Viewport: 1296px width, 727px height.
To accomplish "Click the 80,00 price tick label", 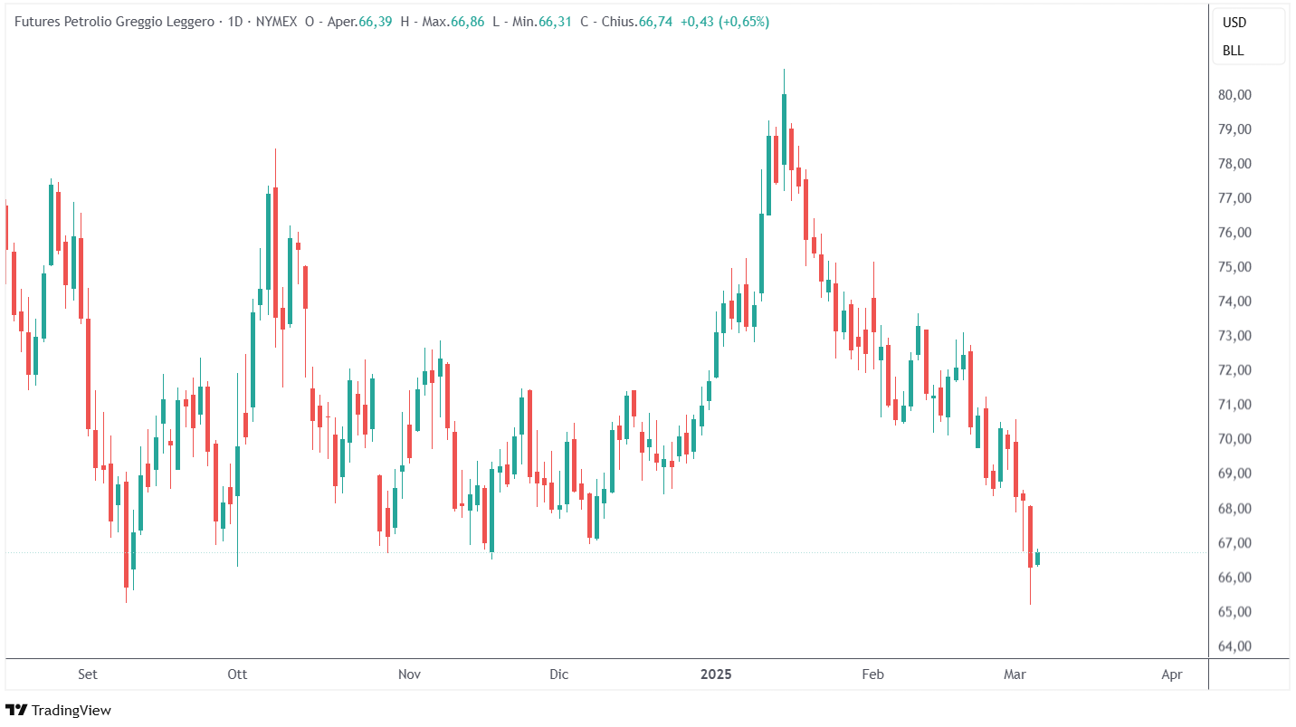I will pyautogui.click(x=1234, y=95).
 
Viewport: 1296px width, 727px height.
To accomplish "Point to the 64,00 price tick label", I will pyautogui.click(x=1234, y=646).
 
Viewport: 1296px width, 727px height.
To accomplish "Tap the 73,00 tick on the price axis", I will pyautogui.click(x=1234, y=336).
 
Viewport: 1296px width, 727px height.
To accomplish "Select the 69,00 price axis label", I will pyautogui.click(x=1234, y=474).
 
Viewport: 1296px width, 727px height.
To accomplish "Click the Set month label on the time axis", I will pyautogui.click(x=88, y=674).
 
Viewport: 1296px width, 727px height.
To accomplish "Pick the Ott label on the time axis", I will pyautogui.click(x=237, y=674).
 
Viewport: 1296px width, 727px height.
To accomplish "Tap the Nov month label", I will pyautogui.click(x=410, y=674).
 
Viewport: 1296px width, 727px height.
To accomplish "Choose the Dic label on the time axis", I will pyautogui.click(x=559, y=674).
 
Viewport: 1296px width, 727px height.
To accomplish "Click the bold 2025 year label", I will pyautogui.click(x=717, y=674).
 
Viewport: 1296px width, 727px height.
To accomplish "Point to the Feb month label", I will pyautogui.click(x=872, y=674).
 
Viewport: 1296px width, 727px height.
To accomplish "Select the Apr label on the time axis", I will pyautogui.click(x=1171, y=674).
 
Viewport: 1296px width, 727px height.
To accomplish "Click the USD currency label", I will pyautogui.click(x=1234, y=23).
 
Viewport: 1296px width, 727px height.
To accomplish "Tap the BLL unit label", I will pyautogui.click(x=1233, y=51).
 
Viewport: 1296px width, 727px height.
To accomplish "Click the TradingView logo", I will pyautogui.click(x=59, y=711).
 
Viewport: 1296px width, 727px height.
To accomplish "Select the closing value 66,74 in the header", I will pyautogui.click(x=655, y=23).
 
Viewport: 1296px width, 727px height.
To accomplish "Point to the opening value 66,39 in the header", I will pyautogui.click(x=375, y=23).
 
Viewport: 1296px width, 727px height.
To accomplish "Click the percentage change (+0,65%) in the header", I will pyautogui.click(x=744, y=23).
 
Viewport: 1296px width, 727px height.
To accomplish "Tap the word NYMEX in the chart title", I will pyautogui.click(x=275, y=23).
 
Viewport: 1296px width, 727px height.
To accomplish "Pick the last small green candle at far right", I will pyautogui.click(x=1038, y=558).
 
